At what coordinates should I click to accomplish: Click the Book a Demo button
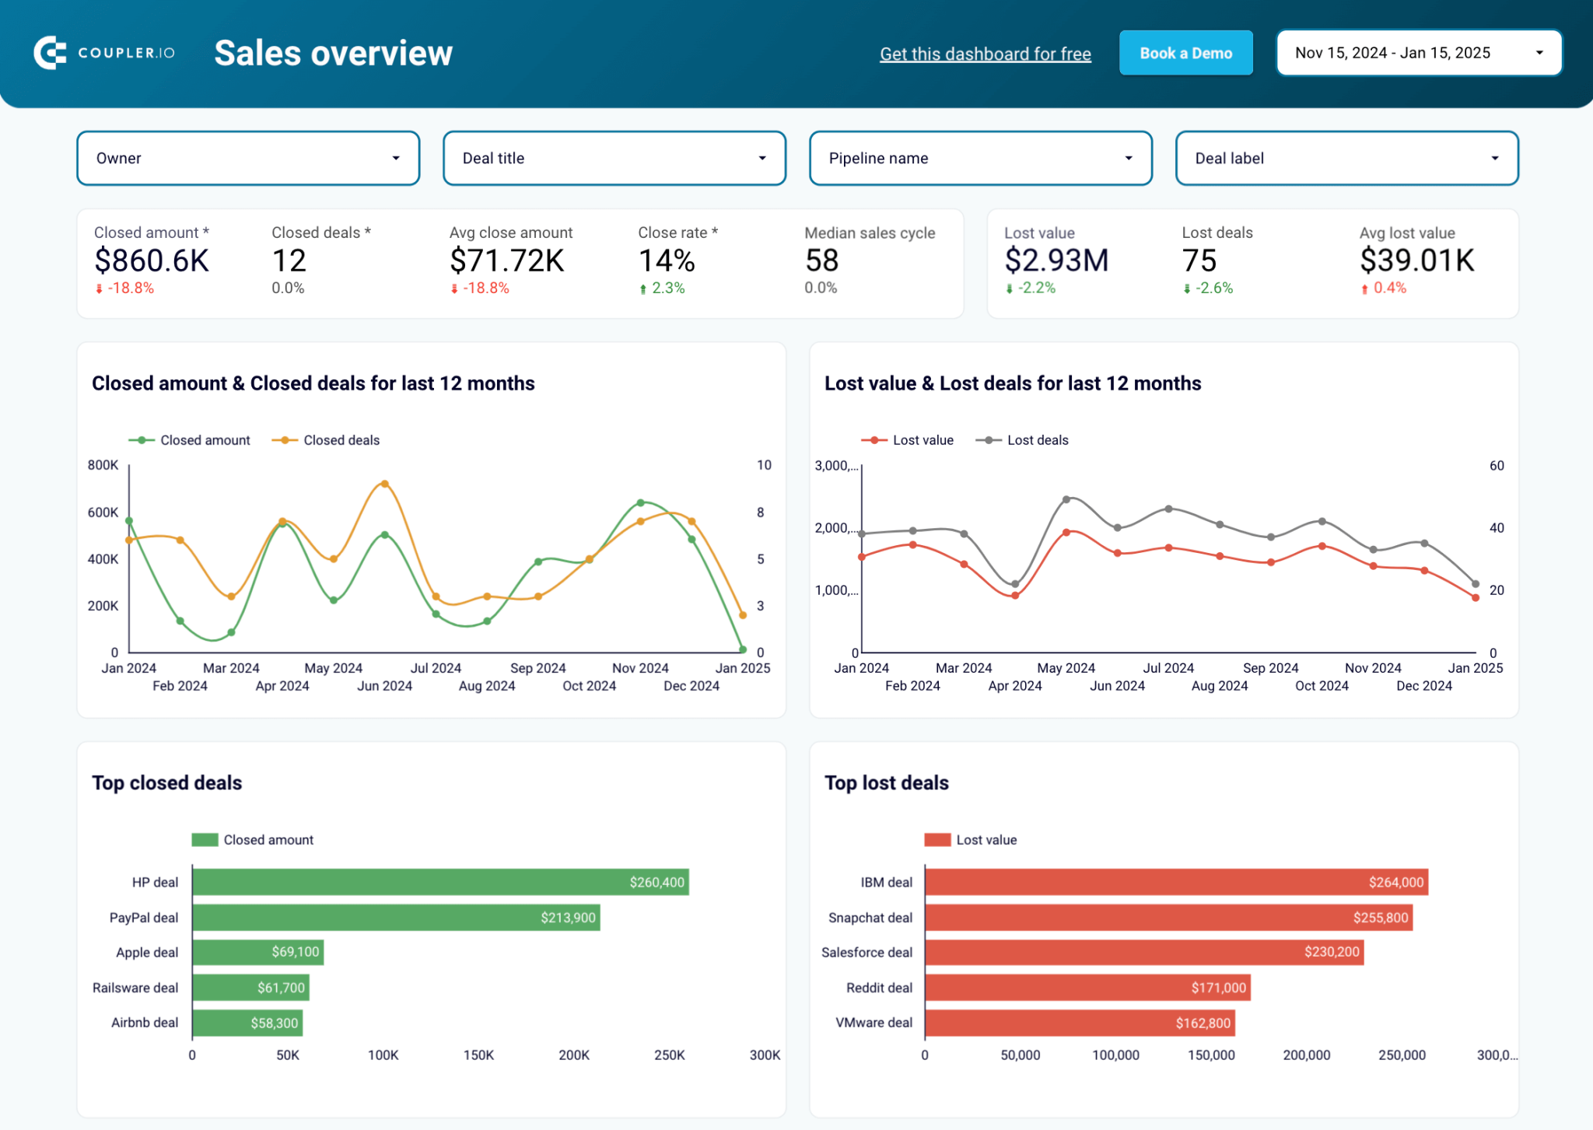point(1185,53)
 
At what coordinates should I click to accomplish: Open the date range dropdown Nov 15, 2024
point(1418,53)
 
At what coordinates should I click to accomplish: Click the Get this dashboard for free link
point(985,54)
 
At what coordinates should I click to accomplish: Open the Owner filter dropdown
point(248,158)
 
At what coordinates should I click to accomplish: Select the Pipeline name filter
point(980,158)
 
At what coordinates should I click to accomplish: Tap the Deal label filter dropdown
point(1346,158)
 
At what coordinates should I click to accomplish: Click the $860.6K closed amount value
point(152,261)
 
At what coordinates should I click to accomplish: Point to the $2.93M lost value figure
point(1056,261)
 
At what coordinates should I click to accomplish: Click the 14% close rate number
point(666,261)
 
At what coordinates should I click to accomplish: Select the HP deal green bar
point(439,882)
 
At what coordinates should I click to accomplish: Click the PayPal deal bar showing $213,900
point(395,918)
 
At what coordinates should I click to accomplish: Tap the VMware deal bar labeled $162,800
point(1079,1023)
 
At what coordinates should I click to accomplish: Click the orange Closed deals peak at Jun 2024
point(384,485)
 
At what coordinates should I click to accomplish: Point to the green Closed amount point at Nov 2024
point(640,503)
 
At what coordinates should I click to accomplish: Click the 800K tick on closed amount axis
point(103,465)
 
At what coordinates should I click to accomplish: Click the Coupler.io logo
point(103,53)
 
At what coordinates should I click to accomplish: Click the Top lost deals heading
point(886,782)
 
